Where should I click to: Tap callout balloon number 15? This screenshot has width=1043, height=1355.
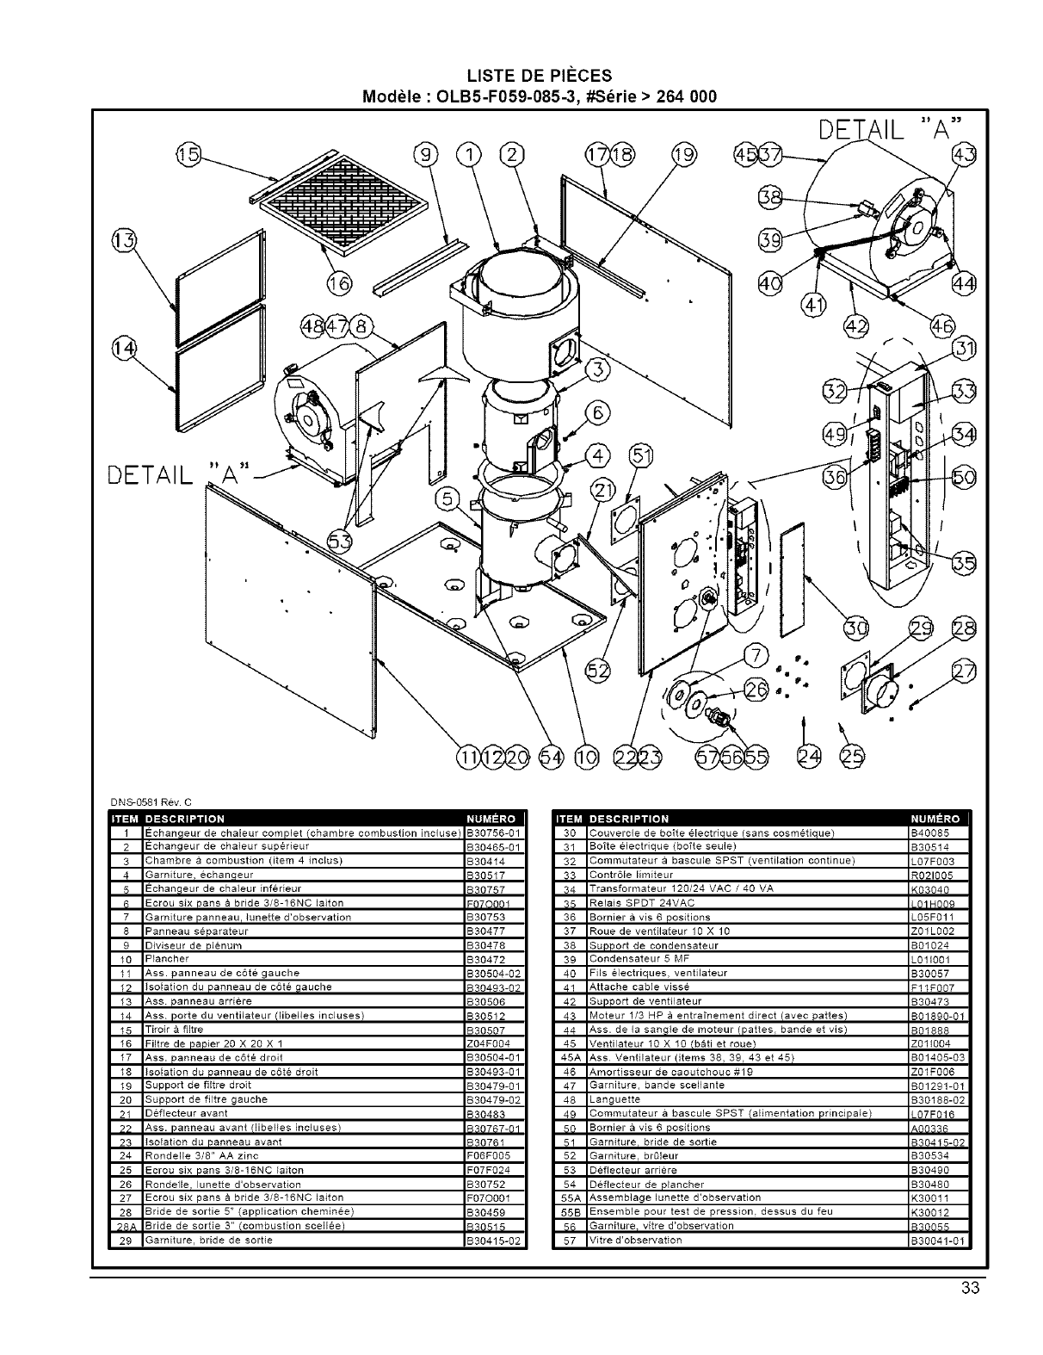[x=186, y=155]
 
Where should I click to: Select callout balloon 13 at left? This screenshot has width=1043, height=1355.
[x=123, y=240]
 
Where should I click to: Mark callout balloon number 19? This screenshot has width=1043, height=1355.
[x=683, y=155]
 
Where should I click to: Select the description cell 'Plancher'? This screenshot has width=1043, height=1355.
[x=167, y=959]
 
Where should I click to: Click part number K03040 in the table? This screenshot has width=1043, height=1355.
[x=926, y=889]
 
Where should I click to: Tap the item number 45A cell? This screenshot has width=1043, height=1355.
[x=566, y=1057]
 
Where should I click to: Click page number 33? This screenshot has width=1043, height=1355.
[x=971, y=1289]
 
